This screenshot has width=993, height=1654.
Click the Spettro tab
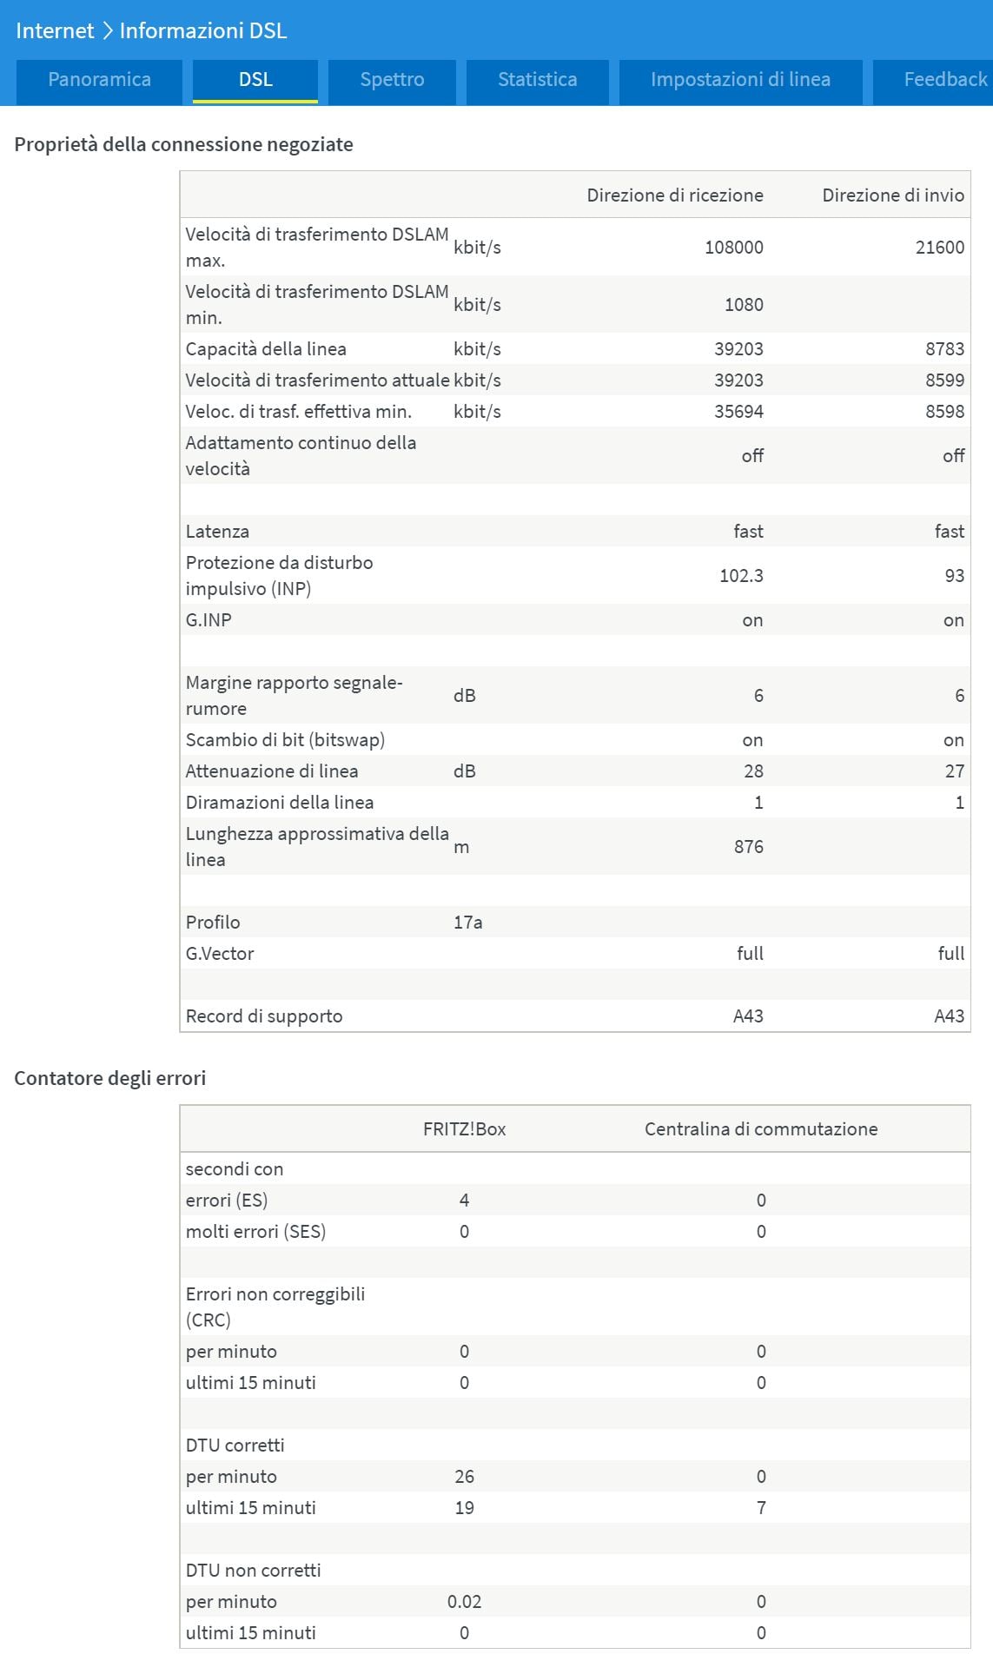coord(392,80)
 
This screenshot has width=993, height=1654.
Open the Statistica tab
coord(537,80)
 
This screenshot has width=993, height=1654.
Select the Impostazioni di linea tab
coord(740,80)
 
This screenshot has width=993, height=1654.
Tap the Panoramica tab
coord(99,80)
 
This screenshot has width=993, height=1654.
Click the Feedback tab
coord(944,80)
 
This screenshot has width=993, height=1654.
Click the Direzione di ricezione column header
coord(675,195)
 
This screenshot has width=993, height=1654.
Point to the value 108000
coord(733,248)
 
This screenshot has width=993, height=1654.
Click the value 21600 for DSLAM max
coord(939,248)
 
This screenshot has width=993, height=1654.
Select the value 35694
coord(738,412)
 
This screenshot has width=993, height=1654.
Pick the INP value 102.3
coord(741,576)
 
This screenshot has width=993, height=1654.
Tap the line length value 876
coord(748,847)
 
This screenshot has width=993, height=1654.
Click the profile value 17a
coord(467,923)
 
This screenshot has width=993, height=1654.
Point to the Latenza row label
coord(217,532)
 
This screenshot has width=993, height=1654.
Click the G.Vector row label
coord(220,954)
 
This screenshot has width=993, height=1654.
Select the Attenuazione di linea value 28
coord(753,771)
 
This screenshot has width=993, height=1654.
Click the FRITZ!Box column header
coord(464,1129)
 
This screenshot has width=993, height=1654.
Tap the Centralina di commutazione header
coord(761,1129)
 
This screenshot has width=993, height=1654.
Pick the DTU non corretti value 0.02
coord(464,1602)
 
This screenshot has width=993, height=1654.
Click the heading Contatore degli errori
coord(110,1078)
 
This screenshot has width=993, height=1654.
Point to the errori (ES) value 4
coord(464,1201)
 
